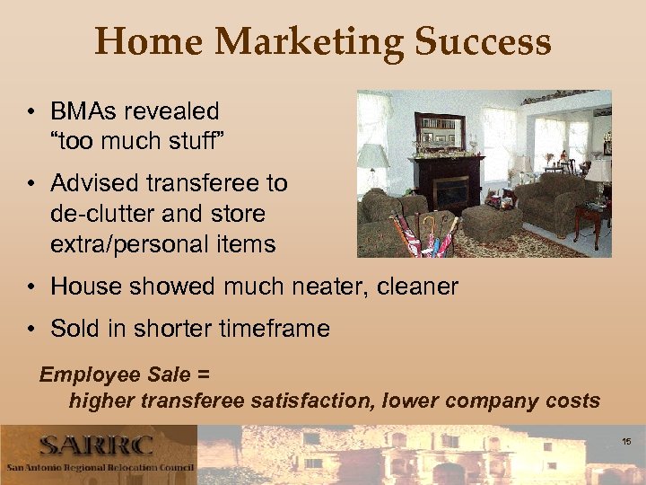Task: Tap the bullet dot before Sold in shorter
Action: [x=32, y=329]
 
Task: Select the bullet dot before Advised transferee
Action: [x=32, y=183]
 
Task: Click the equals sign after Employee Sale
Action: [x=203, y=374]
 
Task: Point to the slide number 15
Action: [x=625, y=442]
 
